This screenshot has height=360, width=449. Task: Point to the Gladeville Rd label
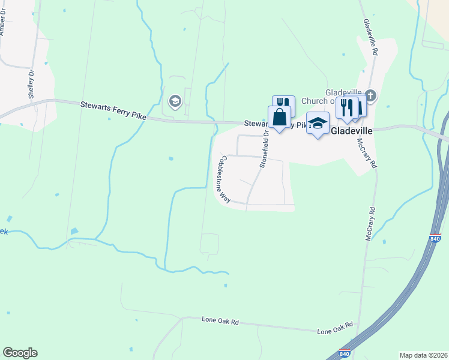pos(370,37)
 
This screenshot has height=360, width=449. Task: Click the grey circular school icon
pos(175,101)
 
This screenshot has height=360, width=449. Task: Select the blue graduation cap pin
pos(318,124)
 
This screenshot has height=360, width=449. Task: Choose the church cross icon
pos(370,95)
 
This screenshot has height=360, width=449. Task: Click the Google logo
pos(20,353)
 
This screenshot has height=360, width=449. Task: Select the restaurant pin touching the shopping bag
pos(283,104)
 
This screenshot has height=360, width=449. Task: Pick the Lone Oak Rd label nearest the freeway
pos(335,329)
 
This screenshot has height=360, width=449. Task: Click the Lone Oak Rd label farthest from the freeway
pos(220,322)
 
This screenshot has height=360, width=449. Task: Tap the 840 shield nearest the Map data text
pos(345,353)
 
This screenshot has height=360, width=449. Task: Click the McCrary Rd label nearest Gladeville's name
pos(367,154)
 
